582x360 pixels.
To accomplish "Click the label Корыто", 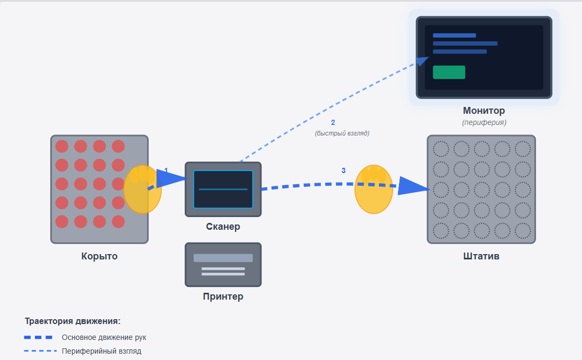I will click(99, 256).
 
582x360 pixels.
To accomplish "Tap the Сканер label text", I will click(223, 227).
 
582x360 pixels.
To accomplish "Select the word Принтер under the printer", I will click(223, 296).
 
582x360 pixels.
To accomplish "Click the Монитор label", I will click(484, 111).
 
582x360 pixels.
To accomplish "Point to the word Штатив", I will click(481, 256).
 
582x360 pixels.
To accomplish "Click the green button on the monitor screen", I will click(449, 73).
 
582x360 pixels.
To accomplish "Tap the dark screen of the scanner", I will click(223, 189).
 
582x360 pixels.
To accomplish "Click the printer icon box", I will click(223, 265).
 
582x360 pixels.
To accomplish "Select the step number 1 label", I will click(166, 170).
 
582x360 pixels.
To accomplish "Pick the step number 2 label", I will click(333, 123).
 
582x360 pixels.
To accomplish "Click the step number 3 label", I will click(343, 170).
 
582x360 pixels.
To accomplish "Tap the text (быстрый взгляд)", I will click(342, 133).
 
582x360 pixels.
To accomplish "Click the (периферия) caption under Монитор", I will click(484, 122).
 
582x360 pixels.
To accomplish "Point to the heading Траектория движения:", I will click(72, 321).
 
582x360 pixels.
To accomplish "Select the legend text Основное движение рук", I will click(104, 337).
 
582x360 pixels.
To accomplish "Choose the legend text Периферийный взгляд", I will click(102, 351).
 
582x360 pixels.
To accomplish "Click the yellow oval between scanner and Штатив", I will click(374, 189).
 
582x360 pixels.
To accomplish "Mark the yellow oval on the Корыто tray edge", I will click(142, 189).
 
